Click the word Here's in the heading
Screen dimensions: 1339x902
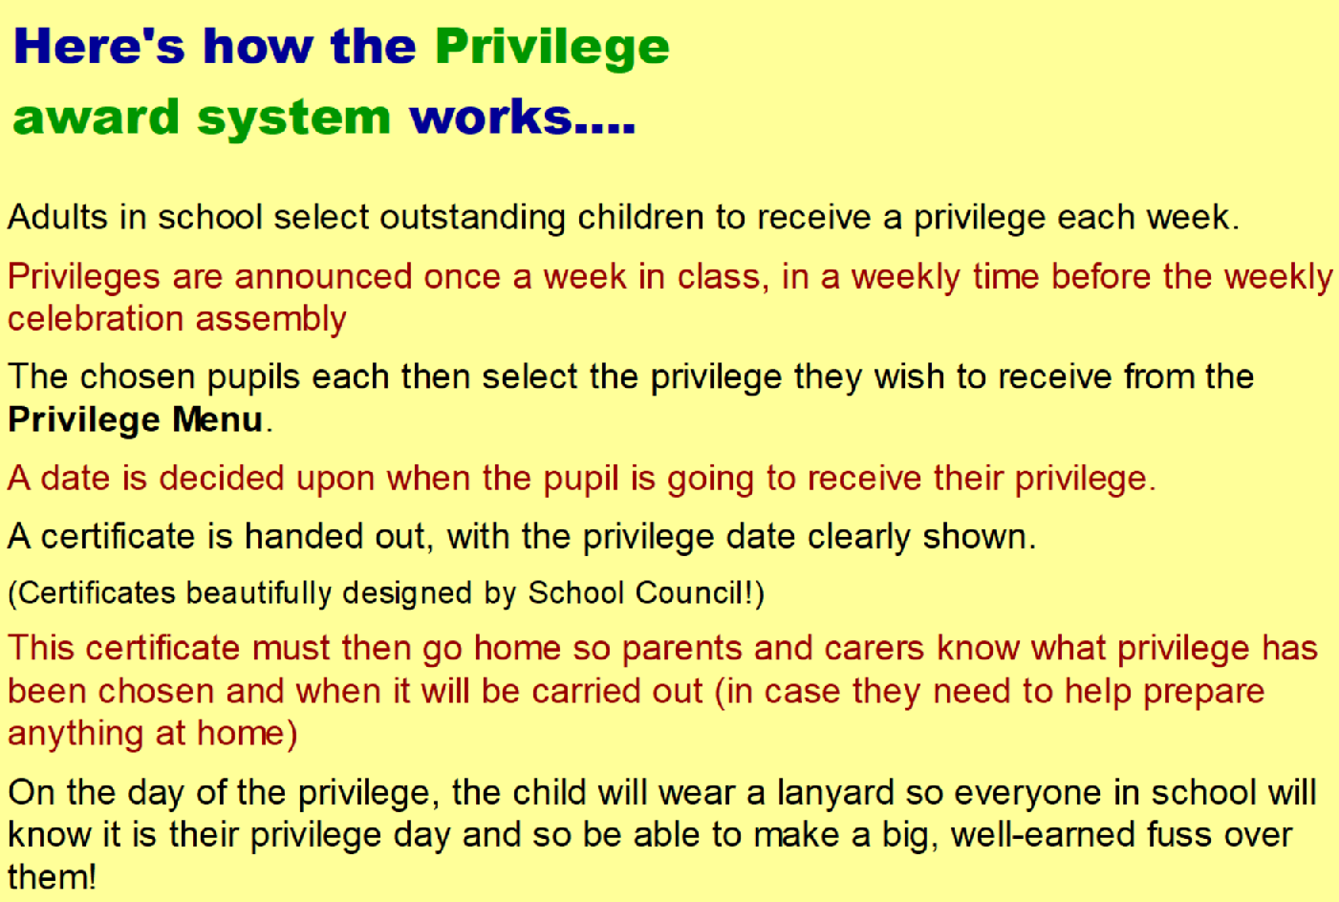tap(99, 46)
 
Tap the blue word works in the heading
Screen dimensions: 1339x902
tap(490, 116)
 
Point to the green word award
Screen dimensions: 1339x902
tap(97, 116)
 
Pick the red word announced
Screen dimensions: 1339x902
tap(323, 277)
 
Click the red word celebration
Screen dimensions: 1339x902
tap(96, 318)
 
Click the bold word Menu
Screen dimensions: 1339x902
tap(218, 419)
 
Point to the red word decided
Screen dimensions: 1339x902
tap(221, 478)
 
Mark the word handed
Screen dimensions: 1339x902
tap(304, 536)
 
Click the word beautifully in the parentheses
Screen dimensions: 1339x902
tap(259, 594)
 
